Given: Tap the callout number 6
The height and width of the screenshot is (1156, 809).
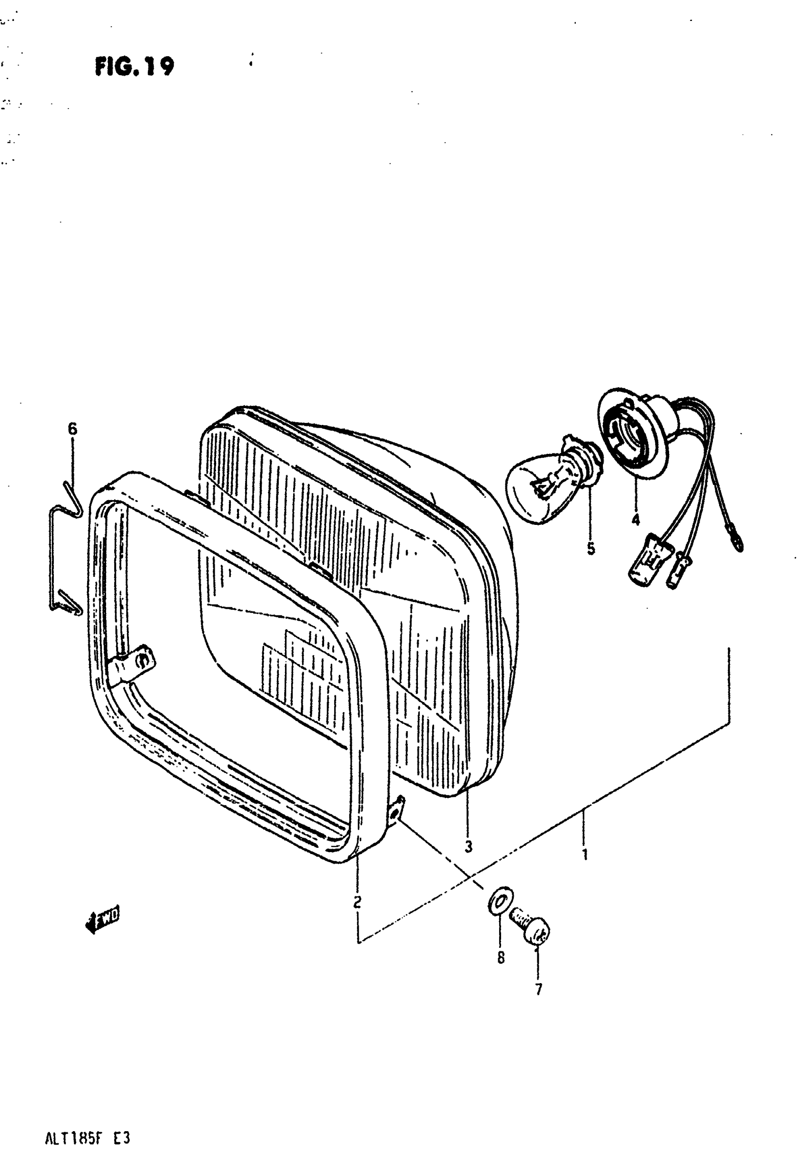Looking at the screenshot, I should tap(72, 429).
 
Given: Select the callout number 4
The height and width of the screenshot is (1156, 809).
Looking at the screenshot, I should tap(635, 519).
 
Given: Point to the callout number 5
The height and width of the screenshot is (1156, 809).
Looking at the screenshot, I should tap(591, 548).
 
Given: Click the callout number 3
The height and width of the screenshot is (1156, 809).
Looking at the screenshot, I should tap(468, 846).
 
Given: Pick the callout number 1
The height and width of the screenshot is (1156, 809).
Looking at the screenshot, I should tap(584, 854).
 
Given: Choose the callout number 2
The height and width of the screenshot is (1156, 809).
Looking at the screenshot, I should tap(357, 901).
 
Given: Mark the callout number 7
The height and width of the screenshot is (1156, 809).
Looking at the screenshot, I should tap(538, 989).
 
